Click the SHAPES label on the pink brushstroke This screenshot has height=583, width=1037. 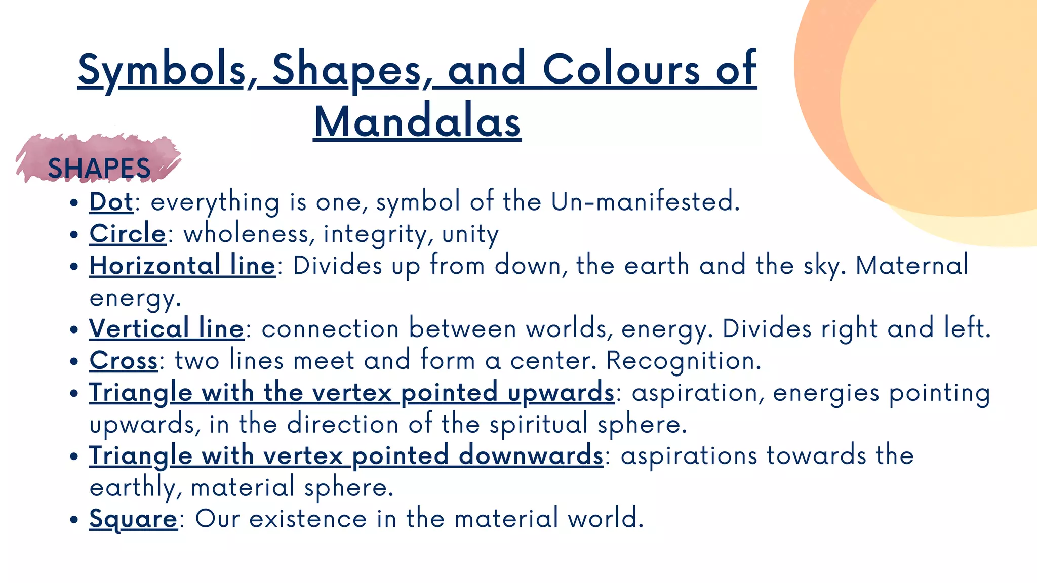point(99,168)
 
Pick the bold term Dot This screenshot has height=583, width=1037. point(111,201)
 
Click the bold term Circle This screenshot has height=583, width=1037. point(128,233)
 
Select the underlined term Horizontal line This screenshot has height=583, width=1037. point(182,265)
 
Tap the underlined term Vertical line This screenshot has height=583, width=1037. point(167,328)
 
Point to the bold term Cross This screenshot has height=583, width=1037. point(124,360)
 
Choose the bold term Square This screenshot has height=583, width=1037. point(133,519)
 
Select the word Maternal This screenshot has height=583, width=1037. point(912,265)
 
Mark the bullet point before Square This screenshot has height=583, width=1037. point(74,520)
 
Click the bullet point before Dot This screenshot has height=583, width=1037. point(74,203)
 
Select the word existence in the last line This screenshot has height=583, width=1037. point(307,519)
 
